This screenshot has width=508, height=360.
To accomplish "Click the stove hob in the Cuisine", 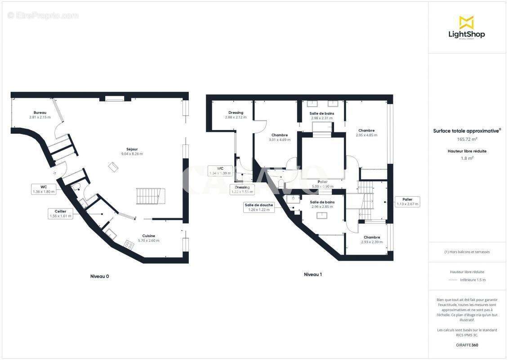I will tap(129, 245).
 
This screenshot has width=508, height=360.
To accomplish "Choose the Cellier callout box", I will tap(60, 213).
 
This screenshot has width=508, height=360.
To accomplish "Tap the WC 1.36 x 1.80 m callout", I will tap(44, 189).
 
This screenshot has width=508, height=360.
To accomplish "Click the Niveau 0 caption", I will tap(99, 276).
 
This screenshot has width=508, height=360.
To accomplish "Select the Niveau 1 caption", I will tap(313, 274).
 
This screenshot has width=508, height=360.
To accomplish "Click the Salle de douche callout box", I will tap(258, 207).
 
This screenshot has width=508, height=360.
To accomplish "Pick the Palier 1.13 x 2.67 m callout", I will tap(407, 201).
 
